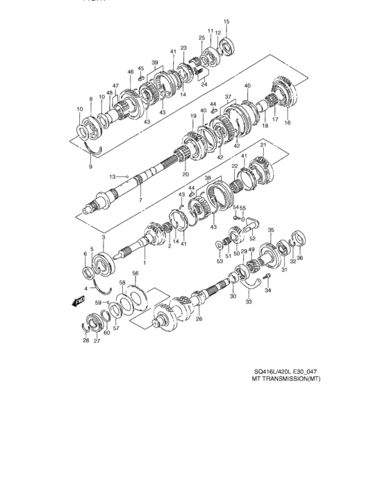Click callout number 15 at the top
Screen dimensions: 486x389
click(x=225, y=23)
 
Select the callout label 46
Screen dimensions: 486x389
click(x=130, y=72)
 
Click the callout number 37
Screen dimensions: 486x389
click(x=227, y=97)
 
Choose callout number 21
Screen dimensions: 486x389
click(x=263, y=145)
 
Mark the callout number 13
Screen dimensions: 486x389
click(x=111, y=177)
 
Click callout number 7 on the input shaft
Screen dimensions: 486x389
click(x=140, y=200)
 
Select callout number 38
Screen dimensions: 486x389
click(x=207, y=178)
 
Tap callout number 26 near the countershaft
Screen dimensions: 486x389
click(x=199, y=320)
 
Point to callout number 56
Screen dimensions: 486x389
click(x=136, y=274)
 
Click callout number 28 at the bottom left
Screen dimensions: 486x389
click(x=85, y=341)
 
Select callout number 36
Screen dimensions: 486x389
click(x=301, y=259)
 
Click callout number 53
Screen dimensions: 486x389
click(x=219, y=262)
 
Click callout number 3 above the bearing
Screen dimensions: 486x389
click(x=104, y=238)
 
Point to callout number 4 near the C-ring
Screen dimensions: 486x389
click(x=87, y=287)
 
